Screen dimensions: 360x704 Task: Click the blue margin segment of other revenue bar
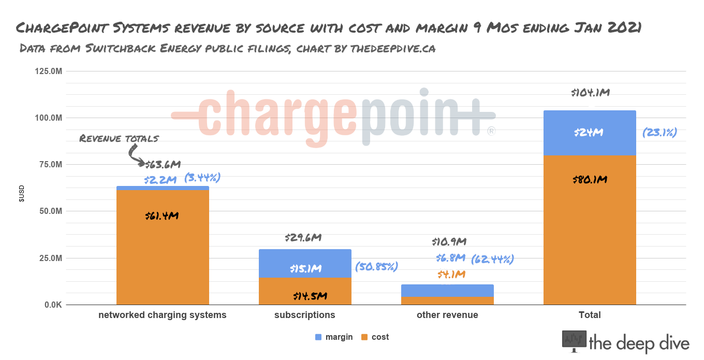click(447, 291)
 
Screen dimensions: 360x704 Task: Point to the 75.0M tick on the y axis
click(48, 165)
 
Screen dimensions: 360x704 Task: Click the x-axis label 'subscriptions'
click(304, 315)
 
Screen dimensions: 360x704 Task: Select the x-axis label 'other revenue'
click(447, 315)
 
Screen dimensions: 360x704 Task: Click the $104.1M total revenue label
click(590, 93)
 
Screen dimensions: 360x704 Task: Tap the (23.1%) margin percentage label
click(659, 133)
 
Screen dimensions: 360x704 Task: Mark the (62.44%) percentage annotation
click(492, 258)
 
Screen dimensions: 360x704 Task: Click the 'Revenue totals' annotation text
click(119, 138)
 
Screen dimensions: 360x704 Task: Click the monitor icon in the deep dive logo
click(574, 341)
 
